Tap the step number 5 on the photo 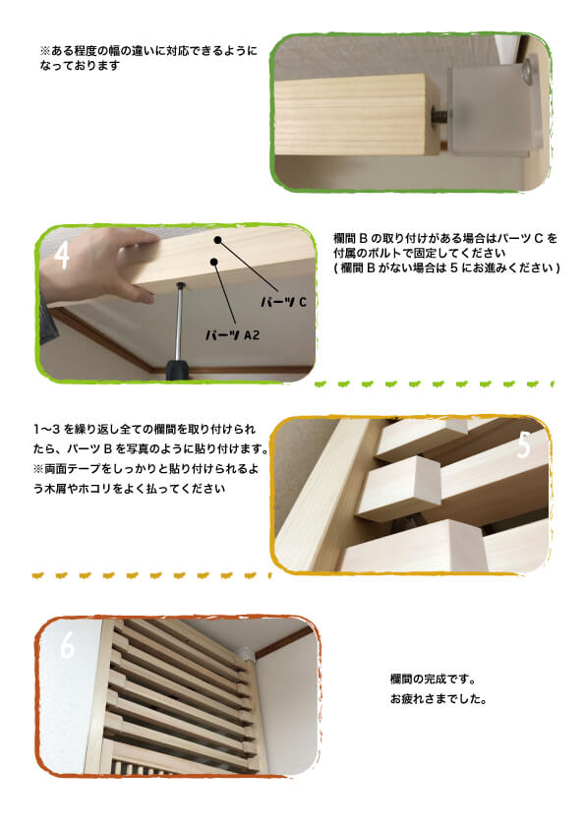pyautogui.click(x=523, y=445)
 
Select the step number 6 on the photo pyautogui.click(x=67, y=646)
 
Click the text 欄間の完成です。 pyautogui.click(x=433, y=680)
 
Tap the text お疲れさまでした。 pyautogui.click(x=438, y=701)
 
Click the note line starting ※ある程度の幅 pyautogui.click(x=147, y=49)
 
